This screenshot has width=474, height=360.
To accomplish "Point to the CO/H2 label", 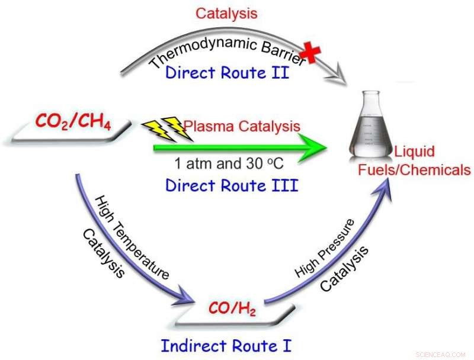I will [232, 309].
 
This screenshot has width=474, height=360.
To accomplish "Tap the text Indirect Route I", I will [226, 345].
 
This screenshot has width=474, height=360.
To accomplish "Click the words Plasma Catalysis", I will [242, 126].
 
